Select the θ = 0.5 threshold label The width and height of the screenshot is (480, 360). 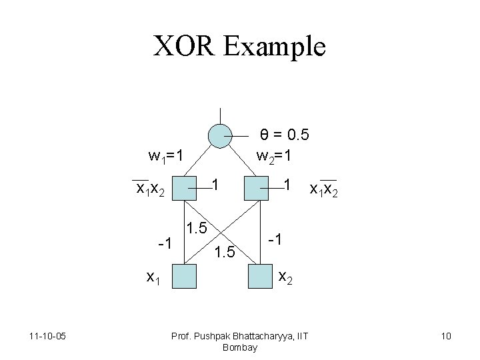284,135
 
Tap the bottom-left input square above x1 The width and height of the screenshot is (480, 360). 185,275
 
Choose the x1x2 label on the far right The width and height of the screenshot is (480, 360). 324,189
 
